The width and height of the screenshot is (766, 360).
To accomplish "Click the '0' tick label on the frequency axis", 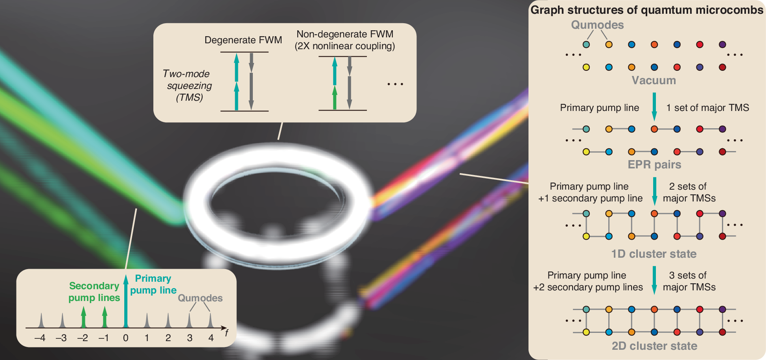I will [126, 338].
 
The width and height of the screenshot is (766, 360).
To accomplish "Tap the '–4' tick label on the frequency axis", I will [40, 338].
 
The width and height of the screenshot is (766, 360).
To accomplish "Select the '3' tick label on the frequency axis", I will [190, 338].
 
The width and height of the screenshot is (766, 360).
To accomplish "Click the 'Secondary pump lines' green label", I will [94, 292].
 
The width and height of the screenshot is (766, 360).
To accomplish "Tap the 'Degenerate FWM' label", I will [243, 40].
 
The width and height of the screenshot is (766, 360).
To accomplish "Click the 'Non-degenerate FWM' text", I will [344, 34].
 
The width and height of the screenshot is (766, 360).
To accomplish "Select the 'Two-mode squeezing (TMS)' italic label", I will [188, 85].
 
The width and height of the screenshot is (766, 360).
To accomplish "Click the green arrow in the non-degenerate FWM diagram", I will [335, 98].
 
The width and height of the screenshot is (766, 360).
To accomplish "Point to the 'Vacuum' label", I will [654, 80].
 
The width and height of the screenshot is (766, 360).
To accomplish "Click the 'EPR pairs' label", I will [654, 164].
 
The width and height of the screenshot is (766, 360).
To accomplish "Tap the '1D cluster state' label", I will [654, 254].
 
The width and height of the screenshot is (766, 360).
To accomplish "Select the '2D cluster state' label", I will [654, 346].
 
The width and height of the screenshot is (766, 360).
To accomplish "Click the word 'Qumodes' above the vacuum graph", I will [597, 25].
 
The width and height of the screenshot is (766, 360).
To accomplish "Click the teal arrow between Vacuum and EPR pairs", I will [654, 107].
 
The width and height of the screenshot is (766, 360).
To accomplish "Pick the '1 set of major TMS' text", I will [707, 108].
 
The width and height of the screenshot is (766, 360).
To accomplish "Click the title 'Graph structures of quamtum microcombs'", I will [646, 10].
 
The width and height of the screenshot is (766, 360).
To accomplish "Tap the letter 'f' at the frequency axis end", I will [226, 333].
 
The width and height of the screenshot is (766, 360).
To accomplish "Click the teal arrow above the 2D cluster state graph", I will [654, 280].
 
